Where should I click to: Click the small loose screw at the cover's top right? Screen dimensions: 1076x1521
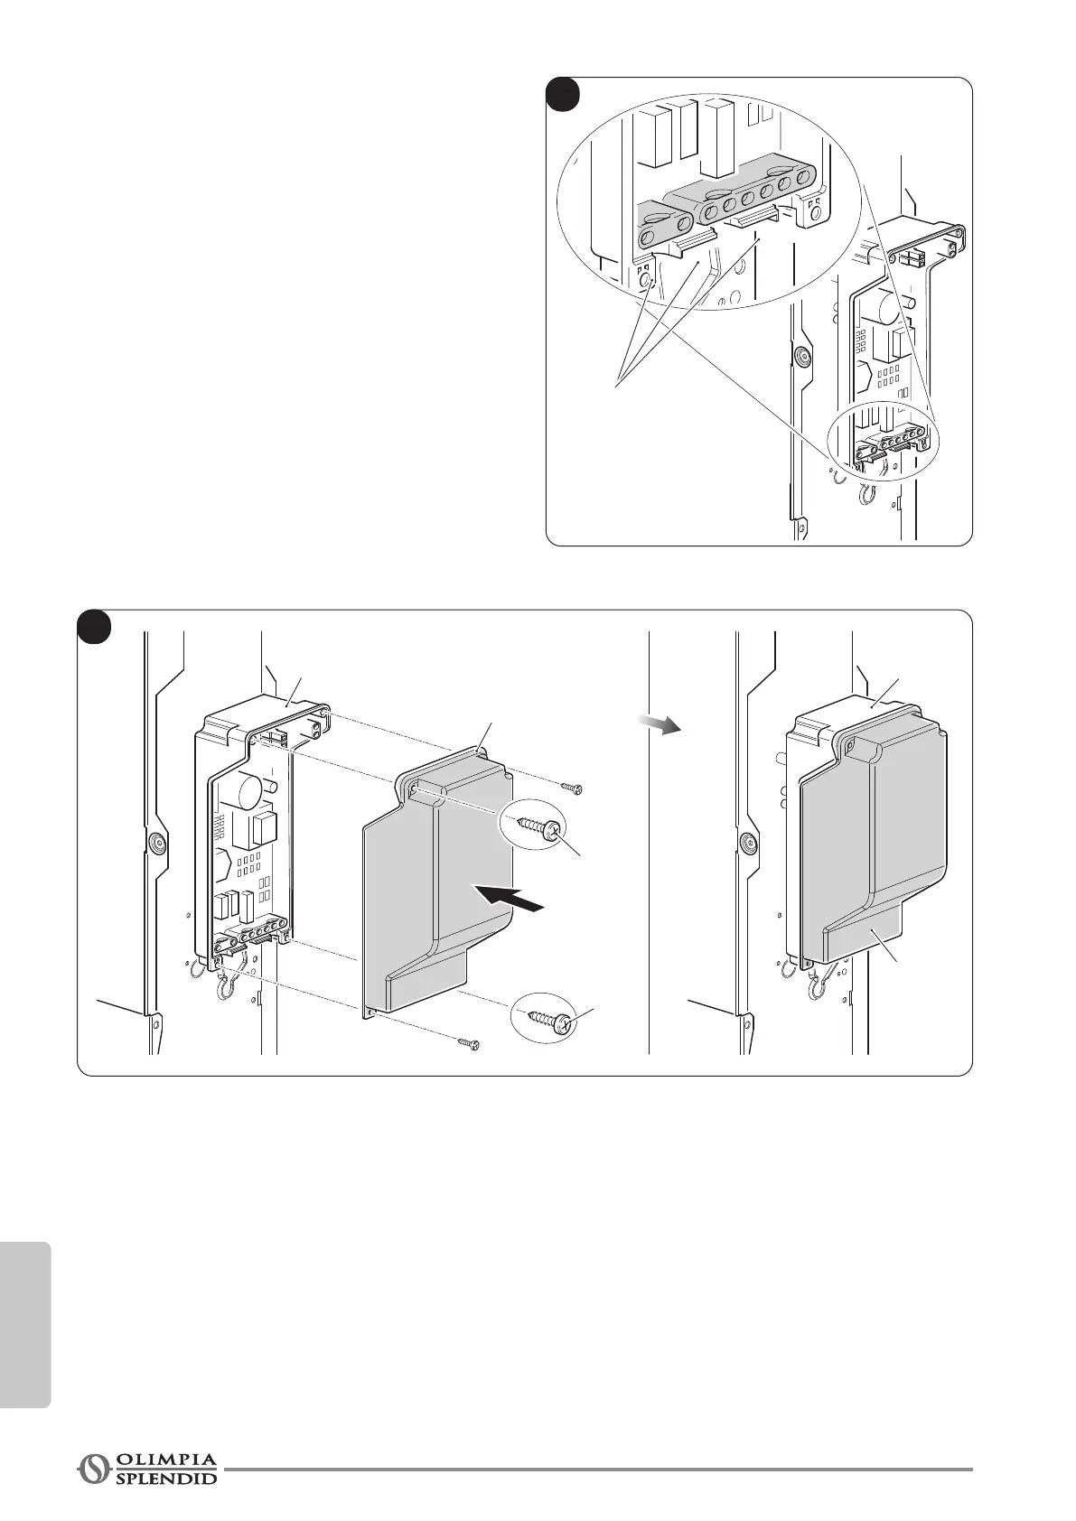tap(572, 788)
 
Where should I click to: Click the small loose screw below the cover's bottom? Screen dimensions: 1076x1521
tap(468, 1044)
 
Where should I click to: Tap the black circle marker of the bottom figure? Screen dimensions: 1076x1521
tap(94, 627)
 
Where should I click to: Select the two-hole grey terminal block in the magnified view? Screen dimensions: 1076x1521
tap(664, 225)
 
